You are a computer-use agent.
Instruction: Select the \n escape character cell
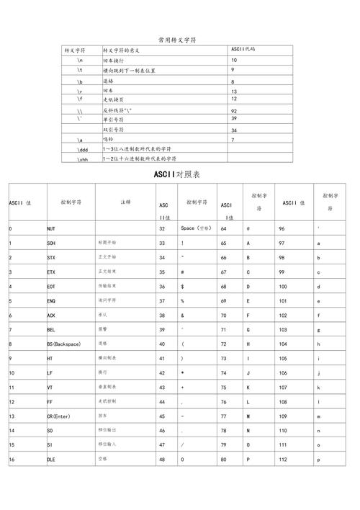pos(80,61)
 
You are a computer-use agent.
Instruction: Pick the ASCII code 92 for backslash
pos(235,111)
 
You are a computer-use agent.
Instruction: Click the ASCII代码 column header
pos(243,50)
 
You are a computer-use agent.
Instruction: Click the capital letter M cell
pos(248,416)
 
